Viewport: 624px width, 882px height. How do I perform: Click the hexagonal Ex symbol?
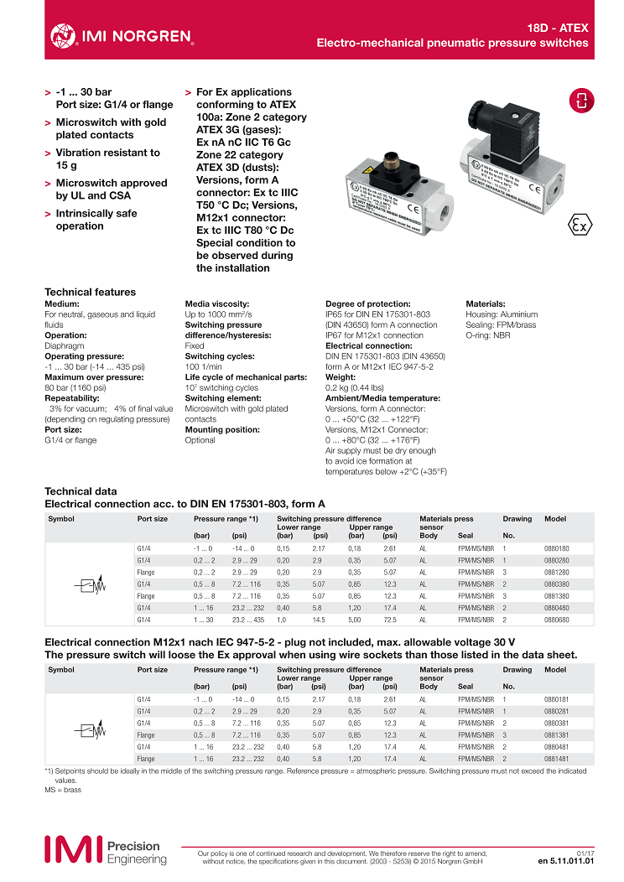click(578, 225)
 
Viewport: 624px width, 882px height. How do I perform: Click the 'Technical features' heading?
click(90, 292)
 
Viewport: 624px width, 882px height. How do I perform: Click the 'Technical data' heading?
click(81, 490)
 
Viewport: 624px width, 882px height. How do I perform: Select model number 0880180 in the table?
click(555, 547)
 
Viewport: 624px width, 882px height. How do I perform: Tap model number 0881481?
click(555, 759)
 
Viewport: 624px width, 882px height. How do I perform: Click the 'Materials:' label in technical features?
click(486, 304)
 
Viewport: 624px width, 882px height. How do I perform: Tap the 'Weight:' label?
click(341, 377)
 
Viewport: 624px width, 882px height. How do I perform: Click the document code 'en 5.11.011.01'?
click(565, 860)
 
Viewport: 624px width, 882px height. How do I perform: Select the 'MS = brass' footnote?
click(63, 790)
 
